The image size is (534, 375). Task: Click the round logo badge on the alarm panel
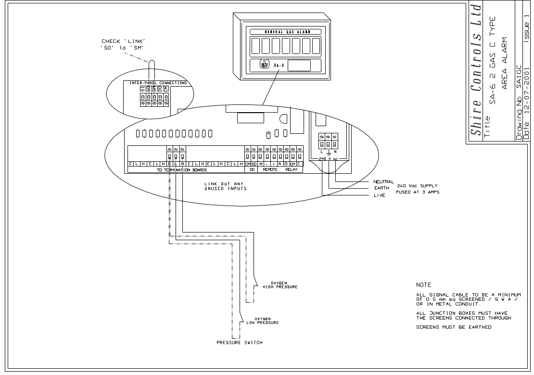[x=264, y=65]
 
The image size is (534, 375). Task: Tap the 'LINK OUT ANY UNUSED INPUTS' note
[x=225, y=186]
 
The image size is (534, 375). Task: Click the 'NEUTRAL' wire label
[x=383, y=181]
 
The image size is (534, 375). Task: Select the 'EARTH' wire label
[x=381, y=188]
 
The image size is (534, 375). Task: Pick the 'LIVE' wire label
[x=380, y=195]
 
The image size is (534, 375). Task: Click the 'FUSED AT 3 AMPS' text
[x=418, y=192]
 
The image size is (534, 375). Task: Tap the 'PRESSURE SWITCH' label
[x=239, y=342]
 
